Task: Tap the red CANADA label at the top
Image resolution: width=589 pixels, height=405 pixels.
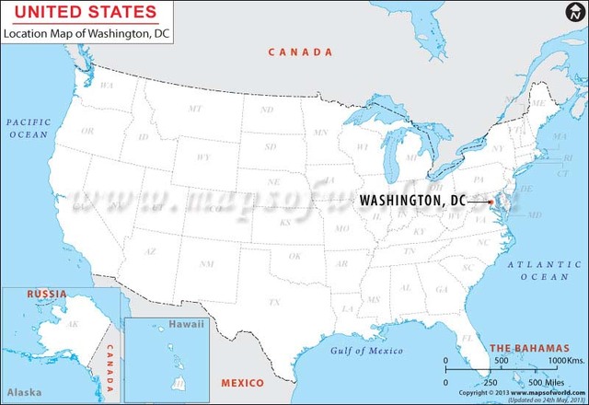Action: coord(300,52)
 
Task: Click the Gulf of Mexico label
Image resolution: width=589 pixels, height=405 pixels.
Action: coord(367,351)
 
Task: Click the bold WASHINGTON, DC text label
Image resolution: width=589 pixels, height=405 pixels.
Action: coord(412,200)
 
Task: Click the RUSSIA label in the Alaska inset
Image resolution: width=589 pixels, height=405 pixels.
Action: coord(46,294)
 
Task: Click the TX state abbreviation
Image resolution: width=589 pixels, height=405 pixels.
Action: coord(273,302)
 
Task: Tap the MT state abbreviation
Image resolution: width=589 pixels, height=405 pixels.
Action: coord(195,109)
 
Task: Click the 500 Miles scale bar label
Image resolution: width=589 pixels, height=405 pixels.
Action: coord(544,382)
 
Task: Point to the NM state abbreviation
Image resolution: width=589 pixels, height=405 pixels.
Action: coord(208,263)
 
